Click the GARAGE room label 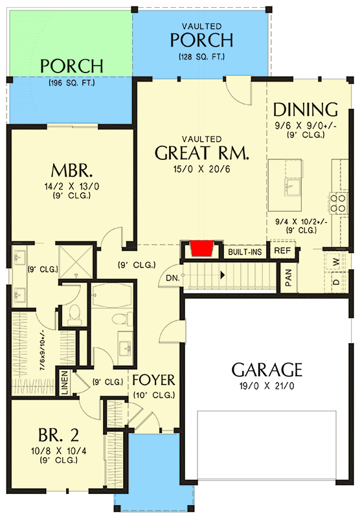(x=267, y=370)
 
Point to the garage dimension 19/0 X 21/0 (x=267, y=387)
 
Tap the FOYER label (x=154, y=379)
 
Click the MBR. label (x=73, y=172)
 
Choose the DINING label (x=305, y=109)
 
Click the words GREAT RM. (x=202, y=153)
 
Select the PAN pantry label (x=289, y=278)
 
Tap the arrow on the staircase (x=221, y=275)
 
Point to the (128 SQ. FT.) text (x=201, y=57)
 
